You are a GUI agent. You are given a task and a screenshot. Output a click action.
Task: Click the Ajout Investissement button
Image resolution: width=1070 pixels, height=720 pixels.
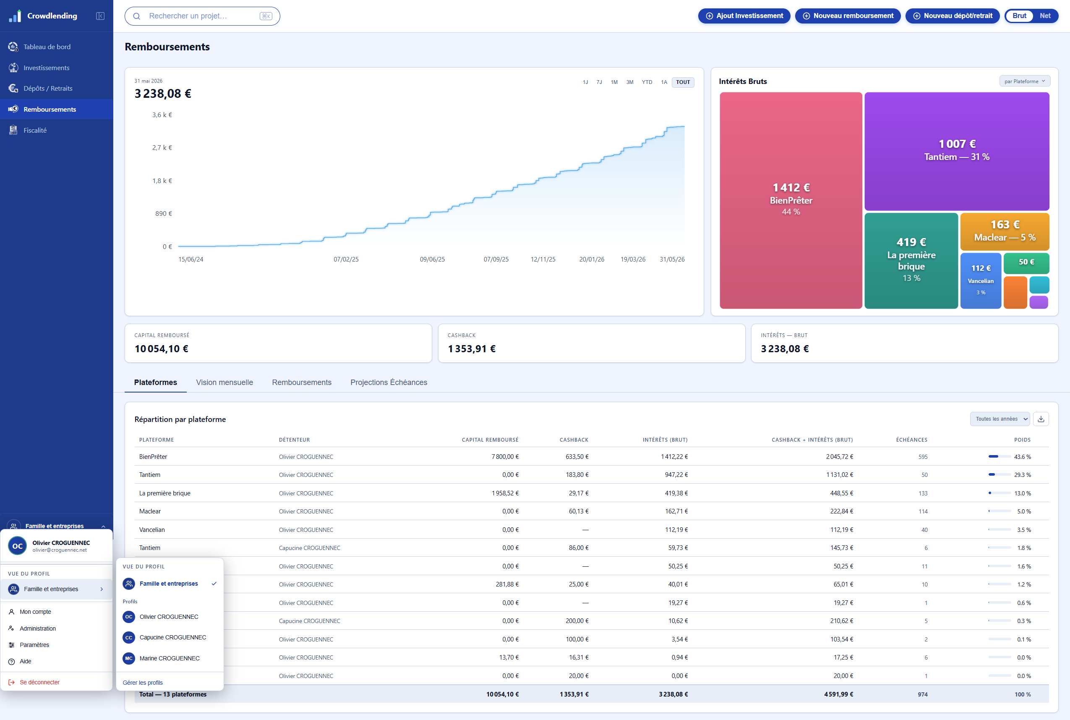(x=744, y=16)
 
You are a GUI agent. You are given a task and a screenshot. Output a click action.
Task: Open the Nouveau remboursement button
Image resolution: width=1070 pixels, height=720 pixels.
(x=848, y=16)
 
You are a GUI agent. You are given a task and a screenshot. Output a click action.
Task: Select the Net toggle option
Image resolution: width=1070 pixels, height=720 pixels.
(x=1045, y=16)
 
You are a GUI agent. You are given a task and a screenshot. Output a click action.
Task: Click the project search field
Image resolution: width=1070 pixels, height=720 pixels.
(x=202, y=16)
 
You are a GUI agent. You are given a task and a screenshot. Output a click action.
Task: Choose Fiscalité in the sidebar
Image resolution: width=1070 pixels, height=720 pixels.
(x=35, y=131)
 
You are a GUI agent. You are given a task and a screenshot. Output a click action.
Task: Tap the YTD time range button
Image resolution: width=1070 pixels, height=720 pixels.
(x=647, y=82)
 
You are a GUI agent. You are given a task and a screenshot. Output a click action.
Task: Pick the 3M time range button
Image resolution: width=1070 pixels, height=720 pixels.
(x=629, y=82)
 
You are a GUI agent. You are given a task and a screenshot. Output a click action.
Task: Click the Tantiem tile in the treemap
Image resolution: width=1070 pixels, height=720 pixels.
(x=957, y=151)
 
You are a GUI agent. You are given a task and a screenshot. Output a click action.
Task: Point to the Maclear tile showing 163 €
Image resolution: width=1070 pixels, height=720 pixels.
(x=1005, y=231)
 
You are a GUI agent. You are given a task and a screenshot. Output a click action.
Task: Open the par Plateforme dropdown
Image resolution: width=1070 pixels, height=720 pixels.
(x=1025, y=81)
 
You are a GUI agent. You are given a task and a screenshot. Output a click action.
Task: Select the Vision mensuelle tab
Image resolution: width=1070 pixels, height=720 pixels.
(x=224, y=382)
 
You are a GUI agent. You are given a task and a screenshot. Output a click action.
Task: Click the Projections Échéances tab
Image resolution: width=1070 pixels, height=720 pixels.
(x=389, y=382)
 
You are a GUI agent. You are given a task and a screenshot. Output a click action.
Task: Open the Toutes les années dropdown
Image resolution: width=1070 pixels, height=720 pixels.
(x=1000, y=419)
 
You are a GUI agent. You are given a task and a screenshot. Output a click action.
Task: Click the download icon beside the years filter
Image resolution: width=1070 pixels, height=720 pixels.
(x=1041, y=419)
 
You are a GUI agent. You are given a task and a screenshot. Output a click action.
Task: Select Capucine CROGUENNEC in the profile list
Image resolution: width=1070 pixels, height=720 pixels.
(x=172, y=637)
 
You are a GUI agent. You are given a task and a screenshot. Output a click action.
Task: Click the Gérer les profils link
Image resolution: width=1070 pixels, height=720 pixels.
(x=143, y=683)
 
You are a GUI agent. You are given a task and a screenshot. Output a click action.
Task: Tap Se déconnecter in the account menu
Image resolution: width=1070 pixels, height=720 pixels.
(x=39, y=682)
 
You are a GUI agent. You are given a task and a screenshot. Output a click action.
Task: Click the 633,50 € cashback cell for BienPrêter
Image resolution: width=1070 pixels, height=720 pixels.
(x=577, y=457)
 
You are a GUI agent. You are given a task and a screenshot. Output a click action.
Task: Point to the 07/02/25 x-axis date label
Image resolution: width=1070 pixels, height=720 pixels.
(x=346, y=259)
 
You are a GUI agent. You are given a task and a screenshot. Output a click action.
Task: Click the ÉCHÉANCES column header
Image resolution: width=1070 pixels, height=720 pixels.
(x=911, y=440)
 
